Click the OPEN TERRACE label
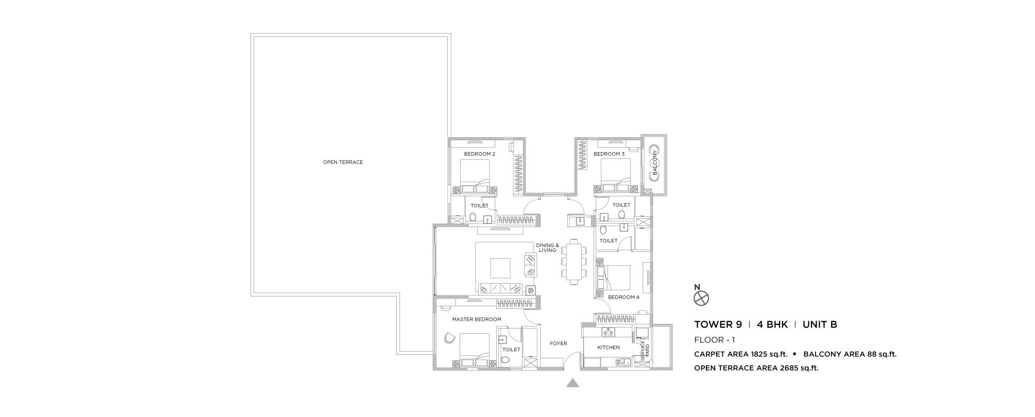click(x=343, y=162)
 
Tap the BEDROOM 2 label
click(x=480, y=154)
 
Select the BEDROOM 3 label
click(x=609, y=154)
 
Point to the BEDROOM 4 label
click(x=624, y=297)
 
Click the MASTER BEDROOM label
click(x=477, y=320)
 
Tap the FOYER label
click(x=558, y=344)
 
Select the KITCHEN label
click(x=609, y=348)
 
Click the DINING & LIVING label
click(x=548, y=248)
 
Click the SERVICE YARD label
click(x=645, y=351)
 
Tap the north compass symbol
click(x=701, y=299)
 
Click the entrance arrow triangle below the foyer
click(x=572, y=383)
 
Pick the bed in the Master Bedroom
click(x=474, y=350)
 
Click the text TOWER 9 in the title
click(x=718, y=325)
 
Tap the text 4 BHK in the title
click(x=772, y=325)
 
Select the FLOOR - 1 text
click(x=715, y=340)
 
